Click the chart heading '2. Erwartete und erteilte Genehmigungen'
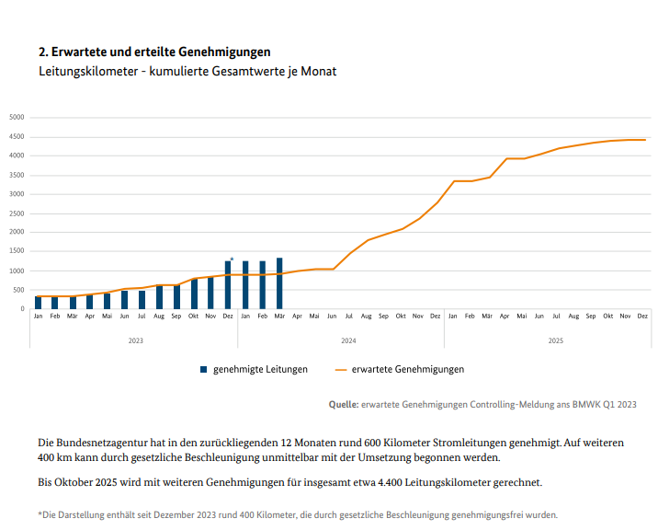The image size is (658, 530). pos(154,52)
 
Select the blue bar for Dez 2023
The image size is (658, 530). pos(228,285)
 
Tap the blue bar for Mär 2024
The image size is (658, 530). pos(279,283)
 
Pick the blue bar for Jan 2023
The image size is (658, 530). pos(38,302)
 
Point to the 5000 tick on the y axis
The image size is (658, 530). pos(17,117)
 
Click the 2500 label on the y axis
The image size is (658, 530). pos(17,213)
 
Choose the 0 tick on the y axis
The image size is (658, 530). pos(21,309)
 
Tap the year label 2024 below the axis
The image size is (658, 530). pos(348,340)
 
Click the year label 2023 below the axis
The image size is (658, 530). pos(135,340)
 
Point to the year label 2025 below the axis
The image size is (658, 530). pos(556,340)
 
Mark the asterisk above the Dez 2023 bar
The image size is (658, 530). pos(232,259)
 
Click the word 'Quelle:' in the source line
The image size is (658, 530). pos(344,404)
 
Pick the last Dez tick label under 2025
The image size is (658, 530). pos(642,316)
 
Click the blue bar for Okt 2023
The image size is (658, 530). pos(194,294)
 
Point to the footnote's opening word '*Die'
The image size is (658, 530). pos(46,514)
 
